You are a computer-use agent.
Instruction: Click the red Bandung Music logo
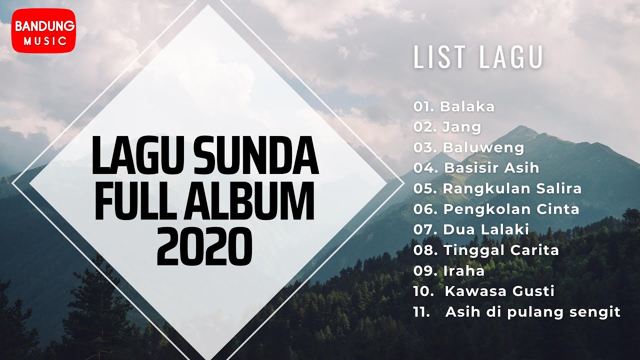pyautogui.click(x=43, y=30)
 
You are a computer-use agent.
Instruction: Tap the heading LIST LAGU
pyautogui.click(x=477, y=58)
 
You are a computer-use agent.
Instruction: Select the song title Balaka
pyautogui.click(x=467, y=106)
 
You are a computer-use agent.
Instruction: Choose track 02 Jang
pyautogui.click(x=461, y=127)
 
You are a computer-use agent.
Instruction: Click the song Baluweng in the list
pyautogui.click(x=483, y=147)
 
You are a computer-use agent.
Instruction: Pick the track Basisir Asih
pyautogui.click(x=491, y=168)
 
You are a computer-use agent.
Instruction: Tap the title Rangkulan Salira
pyautogui.click(x=512, y=188)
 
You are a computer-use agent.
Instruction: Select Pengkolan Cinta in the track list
pyautogui.click(x=511, y=209)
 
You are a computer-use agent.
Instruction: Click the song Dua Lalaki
pyautogui.click(x=485, y=229)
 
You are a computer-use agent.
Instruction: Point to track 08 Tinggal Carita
pyautogui.click(x=501, y=250)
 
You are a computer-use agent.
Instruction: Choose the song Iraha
pyautogui.click(x=463, y=270)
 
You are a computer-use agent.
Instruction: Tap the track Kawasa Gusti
pyautogui.click(x=499, y=291)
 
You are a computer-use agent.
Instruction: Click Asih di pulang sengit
pyautogui.click(x=532, y=312)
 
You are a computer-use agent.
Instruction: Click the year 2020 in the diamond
pyautogui.click(x=203, y=247)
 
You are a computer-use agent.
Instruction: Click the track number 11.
pyautogui.click(x=422, y=312)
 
